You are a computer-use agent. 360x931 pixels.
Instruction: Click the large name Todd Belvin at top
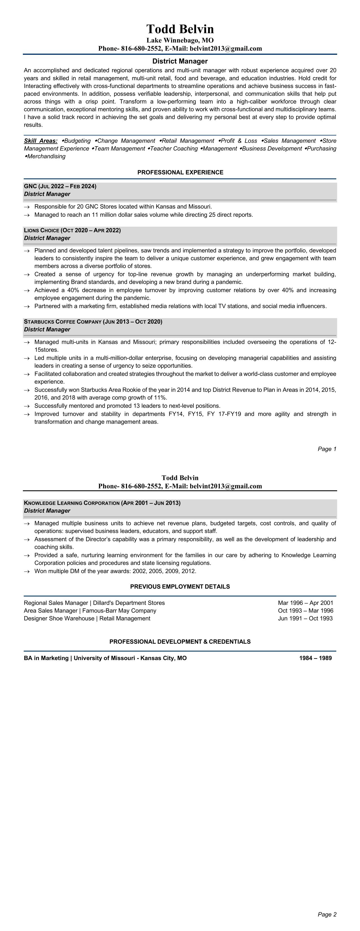[180, 29]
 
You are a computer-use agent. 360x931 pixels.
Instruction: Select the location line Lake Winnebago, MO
[180, 40]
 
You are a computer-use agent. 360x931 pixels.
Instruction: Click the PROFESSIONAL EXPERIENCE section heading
[180, 172]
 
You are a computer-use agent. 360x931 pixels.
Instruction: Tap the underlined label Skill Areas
[40, 141]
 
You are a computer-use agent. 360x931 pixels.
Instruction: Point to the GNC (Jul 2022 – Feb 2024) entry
[60, 186]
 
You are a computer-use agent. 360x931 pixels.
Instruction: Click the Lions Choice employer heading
[72, 230]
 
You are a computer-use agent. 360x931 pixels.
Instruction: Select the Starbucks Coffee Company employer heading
[93, 322]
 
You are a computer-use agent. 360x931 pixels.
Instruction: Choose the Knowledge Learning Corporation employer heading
[102, 503]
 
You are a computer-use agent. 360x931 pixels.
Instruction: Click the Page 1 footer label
[327, 449]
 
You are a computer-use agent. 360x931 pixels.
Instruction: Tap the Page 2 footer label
[327, 914]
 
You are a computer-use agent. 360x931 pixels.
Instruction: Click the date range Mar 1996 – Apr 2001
[306, 603]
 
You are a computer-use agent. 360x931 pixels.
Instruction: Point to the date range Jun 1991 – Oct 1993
[306, 619]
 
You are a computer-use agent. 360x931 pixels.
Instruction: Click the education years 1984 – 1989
[315, 658]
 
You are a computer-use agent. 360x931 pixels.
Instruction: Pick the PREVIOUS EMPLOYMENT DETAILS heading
[180, 587]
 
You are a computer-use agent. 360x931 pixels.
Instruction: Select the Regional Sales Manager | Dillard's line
[94, 603]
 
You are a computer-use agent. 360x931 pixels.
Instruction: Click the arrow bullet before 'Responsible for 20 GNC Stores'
[27, 207]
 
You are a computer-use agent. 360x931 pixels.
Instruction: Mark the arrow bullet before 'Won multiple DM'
[27, 571]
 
